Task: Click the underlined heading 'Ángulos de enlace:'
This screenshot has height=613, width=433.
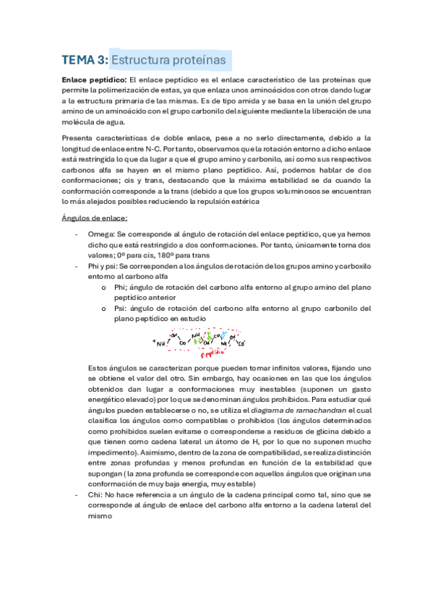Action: click(x=95, y=218)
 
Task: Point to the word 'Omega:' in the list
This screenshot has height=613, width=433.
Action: click(x=100, y=234)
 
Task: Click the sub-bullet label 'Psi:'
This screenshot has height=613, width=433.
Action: click(x=122, y=307)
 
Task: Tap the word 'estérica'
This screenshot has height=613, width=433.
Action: click(x=239, y=202)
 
